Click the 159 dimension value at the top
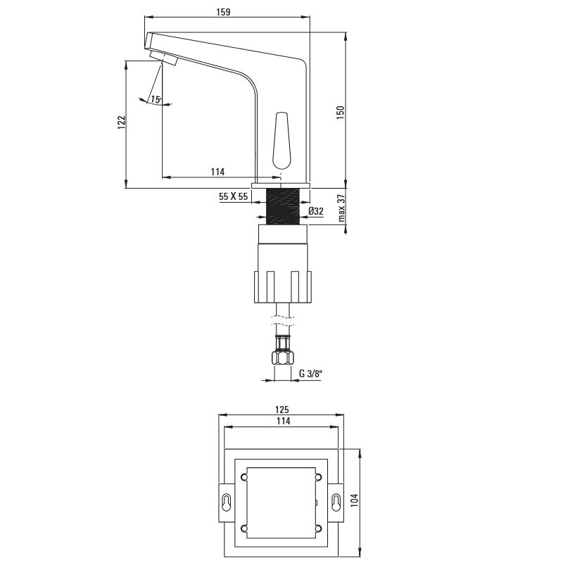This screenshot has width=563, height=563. point(223,12)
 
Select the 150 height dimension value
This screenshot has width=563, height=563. point(340,113)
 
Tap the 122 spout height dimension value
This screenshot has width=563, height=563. point(122,122)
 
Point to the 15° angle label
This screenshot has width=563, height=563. point(156,99)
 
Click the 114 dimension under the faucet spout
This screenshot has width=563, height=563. point(217,172)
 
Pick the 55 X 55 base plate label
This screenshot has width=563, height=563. point(234,196)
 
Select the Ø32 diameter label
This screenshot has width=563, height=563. point(316,211)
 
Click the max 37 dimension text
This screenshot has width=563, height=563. point(341,208)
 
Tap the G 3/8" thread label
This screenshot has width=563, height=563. point(310,374)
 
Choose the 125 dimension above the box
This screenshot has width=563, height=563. point(282,410)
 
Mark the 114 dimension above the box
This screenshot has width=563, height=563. point(284,421)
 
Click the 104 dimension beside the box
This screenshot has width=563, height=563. point(355,500)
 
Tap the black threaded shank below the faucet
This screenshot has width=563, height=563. point(283,206)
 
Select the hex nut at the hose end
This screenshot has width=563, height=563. point(283,358)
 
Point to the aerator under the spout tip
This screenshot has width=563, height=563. point(164,58)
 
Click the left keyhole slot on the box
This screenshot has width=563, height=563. point(227,502)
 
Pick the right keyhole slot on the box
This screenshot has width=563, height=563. point(336,502)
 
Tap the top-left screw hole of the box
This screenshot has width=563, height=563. point(244,477)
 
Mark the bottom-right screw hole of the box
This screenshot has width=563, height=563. point(318,529)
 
